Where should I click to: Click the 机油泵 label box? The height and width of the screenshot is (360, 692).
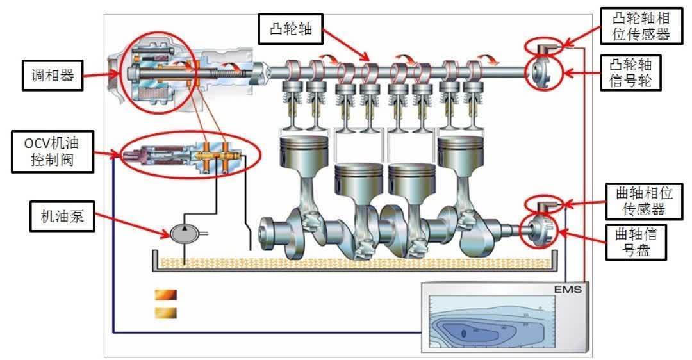[x=62, y=218]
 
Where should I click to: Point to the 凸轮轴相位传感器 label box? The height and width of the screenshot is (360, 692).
[x=640, y=26]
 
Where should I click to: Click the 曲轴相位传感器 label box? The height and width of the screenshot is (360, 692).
[x=638, y=200]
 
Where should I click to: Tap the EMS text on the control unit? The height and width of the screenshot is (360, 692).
[x=567, y=290]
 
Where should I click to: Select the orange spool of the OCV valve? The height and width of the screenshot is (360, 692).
[x=221, y=155]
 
